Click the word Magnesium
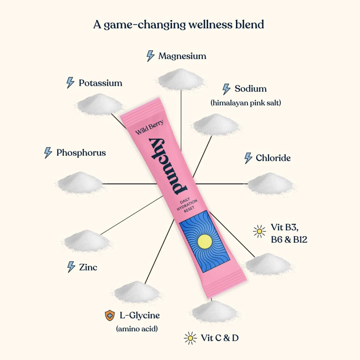182,56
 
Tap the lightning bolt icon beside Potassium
70,83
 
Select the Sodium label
251,89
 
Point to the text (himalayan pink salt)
246,103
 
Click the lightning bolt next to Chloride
248,158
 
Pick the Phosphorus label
81,153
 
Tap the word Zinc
88,267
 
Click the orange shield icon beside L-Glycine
110,315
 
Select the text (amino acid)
137,329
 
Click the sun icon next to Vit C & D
190,338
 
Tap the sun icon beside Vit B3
259,231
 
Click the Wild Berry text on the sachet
149,127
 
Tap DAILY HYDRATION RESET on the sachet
187,205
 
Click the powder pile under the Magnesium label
181,79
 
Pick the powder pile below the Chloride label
270,184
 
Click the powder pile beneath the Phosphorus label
80,183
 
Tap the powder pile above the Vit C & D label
214,311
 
